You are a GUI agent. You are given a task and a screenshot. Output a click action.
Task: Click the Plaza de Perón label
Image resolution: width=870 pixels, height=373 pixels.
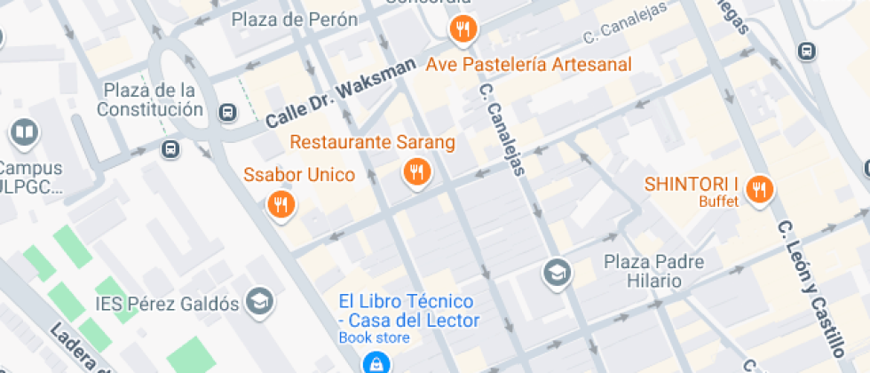pyautogui.click(x=294, y=20)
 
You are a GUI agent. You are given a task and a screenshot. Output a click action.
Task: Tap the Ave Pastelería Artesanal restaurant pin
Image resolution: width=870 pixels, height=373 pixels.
pyautogui.click(x=462, y=31)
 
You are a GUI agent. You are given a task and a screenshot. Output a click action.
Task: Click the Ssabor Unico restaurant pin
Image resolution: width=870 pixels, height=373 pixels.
pyautogui.click(x=281, y=206)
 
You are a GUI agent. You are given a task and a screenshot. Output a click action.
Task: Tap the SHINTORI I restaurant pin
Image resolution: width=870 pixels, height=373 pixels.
pyautogui.click(x=758, y=188)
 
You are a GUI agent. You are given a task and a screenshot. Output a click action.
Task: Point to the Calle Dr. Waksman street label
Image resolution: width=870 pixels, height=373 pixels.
pyautogui.click(x=340, y=93)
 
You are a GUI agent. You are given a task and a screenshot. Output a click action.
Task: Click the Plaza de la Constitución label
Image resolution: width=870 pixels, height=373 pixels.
pyautogui.click(x=150, y=99)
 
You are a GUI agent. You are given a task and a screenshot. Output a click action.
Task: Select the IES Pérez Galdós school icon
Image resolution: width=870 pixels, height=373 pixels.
pyautogui.click(x=260, y=302)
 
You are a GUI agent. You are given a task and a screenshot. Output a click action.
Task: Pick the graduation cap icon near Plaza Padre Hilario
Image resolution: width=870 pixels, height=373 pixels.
pyautogui.click(x=557, y=270)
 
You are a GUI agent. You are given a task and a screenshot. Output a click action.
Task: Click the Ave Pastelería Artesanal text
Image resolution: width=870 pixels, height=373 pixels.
pyautogui.click(x=528, y=65)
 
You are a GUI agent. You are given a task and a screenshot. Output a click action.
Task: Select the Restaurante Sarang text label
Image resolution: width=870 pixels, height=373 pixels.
pyautogui.click(x=372, y=142)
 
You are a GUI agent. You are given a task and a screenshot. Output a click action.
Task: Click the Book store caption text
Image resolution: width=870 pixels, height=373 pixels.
pyautogui.click(x=374, y=337)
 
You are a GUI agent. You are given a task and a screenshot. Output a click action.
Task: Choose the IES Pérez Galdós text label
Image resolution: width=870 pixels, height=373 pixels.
pyautogui.click(x=168, y=304)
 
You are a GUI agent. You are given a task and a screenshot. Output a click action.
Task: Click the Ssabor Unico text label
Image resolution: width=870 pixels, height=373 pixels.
pyautogui.click(x=299, y=174)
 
